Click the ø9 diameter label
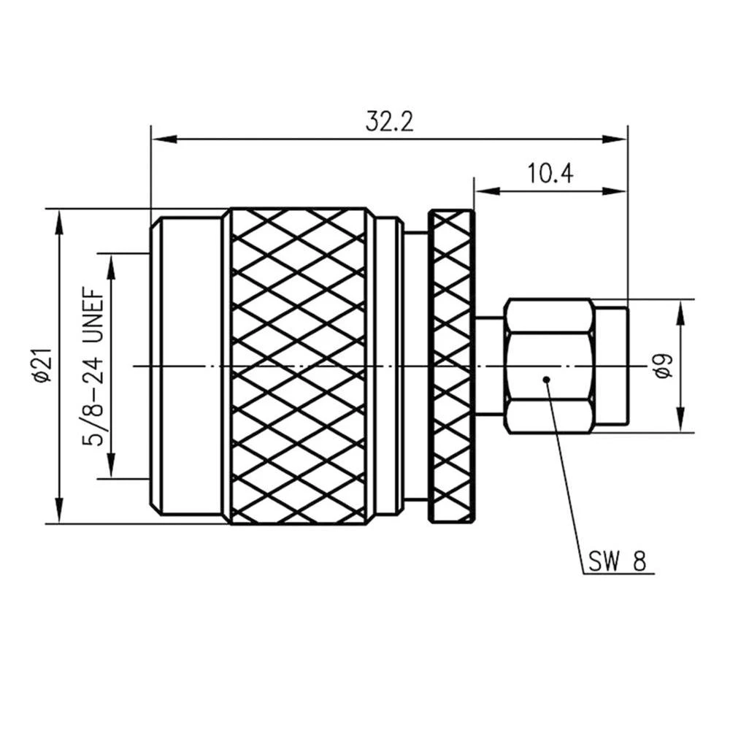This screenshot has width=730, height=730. (x=663, y=365)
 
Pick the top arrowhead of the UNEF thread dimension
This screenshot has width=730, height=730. (x=110, y=263)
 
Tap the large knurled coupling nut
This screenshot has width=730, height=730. (x=299, y=365)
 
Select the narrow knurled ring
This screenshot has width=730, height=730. (x=450, y=365)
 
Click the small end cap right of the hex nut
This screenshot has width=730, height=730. (x=610, y=365)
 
